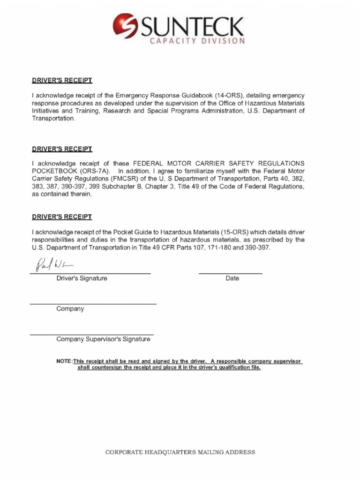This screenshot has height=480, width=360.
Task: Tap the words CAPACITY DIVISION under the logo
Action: (197, 41)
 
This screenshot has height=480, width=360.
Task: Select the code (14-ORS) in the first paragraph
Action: (229, 96)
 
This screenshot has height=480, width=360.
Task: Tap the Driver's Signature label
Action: (82, 278)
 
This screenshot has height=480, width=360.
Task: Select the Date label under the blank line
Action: (232, 278)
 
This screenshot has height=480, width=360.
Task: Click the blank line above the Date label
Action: (230, 273)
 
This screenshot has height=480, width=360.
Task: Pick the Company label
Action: (70, 309)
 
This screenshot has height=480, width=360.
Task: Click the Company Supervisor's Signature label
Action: (103, 339)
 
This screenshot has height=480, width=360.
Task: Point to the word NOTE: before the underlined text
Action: (64, 361)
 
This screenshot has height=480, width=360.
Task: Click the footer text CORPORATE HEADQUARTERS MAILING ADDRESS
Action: (180, 452)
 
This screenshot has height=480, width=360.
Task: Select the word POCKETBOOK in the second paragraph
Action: (53, 171)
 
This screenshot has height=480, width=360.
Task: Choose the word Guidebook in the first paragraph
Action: (197, 96)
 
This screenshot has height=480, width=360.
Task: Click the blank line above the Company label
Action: (93, 304)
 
